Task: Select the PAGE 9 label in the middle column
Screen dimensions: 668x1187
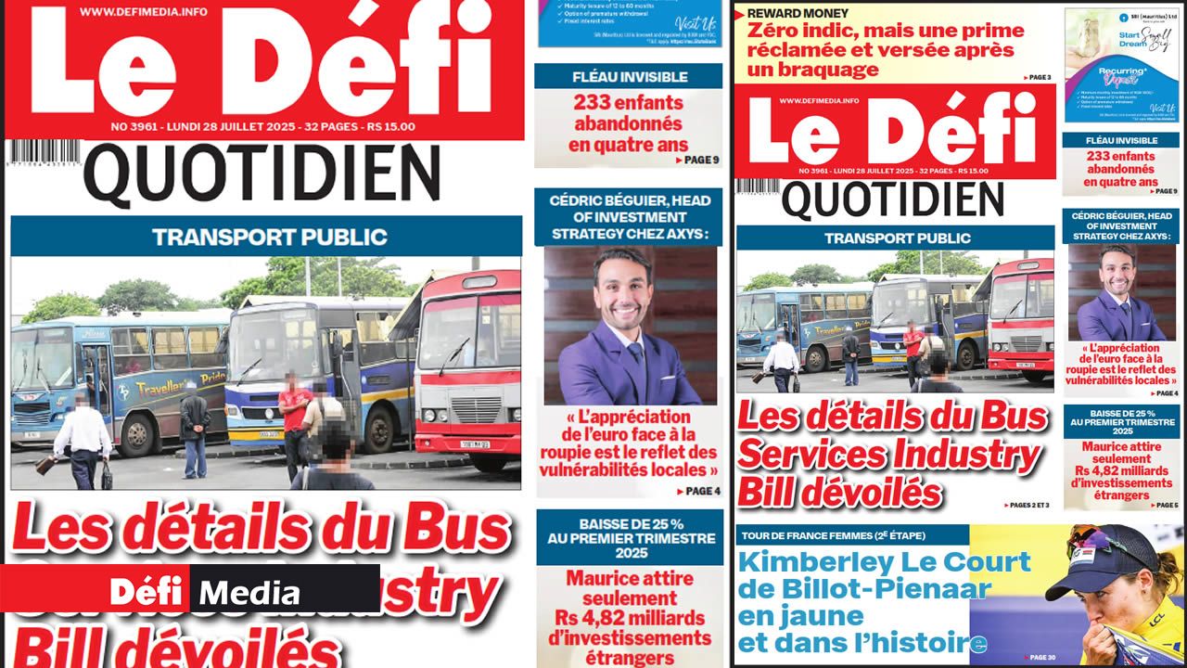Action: [697, 161]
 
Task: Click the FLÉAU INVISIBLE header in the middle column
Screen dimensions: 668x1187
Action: [630, 77]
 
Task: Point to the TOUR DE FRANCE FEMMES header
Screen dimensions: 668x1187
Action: [832, 535]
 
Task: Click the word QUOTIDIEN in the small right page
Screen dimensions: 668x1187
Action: [894, 199]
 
